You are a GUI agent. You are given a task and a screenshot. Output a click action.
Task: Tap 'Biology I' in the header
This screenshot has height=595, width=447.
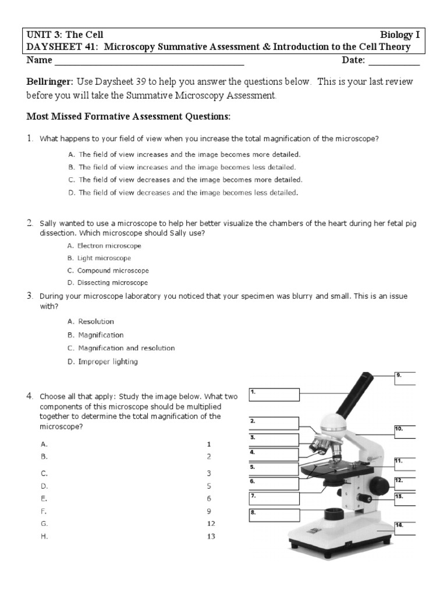(x=400, y=35)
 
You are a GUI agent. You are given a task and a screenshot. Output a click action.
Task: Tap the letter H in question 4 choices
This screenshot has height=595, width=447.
(x=44, y=536)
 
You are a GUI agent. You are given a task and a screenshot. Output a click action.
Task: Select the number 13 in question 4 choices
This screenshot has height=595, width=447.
(x=211, y=536)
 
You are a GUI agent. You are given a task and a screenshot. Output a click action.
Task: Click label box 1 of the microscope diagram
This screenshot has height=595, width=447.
(x=274, y=396)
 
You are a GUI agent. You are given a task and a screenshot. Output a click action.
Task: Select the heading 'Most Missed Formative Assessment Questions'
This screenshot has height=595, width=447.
(x=129, y=117)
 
